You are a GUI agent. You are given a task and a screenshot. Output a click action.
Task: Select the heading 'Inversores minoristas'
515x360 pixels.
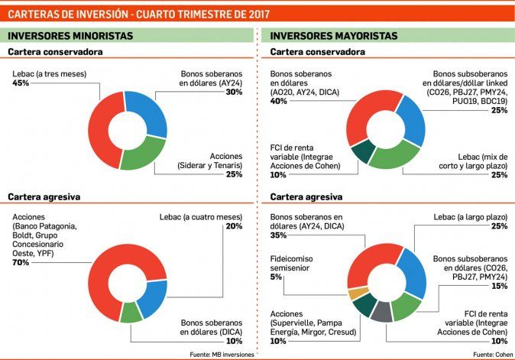point(70,35)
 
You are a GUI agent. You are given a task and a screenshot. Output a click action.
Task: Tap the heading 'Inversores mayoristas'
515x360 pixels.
point(334,35)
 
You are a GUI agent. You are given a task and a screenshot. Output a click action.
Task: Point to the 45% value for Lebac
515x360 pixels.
point(21,83)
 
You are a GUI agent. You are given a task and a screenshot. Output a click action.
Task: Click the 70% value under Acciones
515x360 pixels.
point(20,262)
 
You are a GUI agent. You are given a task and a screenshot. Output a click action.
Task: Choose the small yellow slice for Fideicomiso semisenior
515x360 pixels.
point(353,294)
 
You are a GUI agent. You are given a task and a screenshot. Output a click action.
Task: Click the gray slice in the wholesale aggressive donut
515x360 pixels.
point(382,311)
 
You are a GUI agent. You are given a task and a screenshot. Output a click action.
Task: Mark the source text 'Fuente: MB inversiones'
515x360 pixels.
point(221,355)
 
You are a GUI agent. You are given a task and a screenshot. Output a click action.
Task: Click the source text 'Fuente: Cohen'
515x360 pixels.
point(493,355)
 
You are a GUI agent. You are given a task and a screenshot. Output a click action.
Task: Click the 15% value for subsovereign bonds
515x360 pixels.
point(500,285)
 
